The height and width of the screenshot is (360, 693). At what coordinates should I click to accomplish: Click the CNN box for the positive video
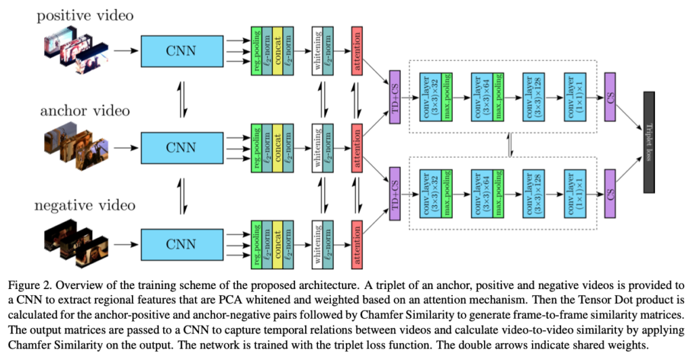182,51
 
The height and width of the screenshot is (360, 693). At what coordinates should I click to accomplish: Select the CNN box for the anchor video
182,145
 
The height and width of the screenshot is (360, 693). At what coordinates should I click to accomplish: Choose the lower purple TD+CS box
395,193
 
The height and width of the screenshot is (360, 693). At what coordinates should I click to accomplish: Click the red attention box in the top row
357,51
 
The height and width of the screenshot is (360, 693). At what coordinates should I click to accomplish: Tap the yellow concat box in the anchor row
277,145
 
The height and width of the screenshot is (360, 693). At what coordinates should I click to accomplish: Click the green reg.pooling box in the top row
255,51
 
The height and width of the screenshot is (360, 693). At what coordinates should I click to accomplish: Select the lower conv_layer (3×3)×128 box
532,193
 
